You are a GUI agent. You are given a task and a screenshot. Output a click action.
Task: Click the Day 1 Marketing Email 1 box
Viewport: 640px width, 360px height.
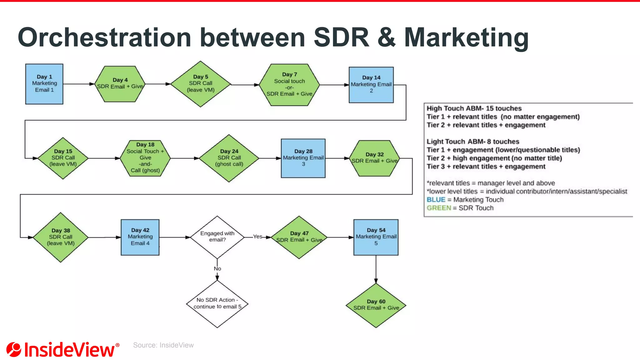44,84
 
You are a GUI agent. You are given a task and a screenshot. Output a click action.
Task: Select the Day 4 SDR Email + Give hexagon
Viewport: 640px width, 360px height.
120,84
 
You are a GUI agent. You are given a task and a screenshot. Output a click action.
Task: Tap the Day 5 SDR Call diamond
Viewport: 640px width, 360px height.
201,84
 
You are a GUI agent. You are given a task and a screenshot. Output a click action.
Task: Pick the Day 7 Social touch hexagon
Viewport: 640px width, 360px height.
289,85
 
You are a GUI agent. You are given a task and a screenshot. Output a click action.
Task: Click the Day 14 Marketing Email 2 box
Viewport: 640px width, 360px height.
371,85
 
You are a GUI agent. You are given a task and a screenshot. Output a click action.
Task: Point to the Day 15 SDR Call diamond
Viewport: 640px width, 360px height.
63,158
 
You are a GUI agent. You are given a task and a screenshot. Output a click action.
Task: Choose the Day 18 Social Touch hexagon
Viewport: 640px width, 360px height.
145,158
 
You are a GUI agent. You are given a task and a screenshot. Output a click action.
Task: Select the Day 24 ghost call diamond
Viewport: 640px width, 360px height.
229,158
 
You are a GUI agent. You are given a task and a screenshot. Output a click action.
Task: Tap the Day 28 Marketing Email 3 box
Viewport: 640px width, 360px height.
303,158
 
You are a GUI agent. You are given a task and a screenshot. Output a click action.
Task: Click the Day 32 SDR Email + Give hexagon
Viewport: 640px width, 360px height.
374,158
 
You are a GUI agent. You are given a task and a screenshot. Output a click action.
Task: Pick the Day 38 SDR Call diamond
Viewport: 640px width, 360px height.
61,237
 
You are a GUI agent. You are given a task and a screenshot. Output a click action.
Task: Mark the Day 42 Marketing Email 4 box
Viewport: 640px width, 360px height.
140,237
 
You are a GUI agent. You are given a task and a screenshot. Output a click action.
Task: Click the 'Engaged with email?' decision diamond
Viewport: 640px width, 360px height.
217,237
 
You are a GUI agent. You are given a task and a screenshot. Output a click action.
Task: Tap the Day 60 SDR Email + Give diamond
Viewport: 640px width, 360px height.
376,305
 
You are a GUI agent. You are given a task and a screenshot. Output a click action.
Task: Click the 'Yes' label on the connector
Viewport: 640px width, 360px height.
257,237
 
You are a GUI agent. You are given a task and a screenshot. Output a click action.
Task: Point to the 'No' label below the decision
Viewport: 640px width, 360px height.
217,269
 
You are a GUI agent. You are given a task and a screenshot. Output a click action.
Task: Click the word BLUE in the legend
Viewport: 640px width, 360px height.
436,200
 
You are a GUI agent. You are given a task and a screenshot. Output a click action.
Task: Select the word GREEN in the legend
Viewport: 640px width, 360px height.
439,208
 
